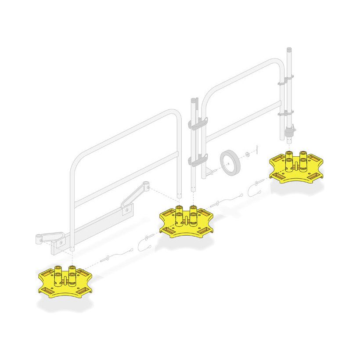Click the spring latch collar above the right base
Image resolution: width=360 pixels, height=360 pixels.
click(x=290, y=130)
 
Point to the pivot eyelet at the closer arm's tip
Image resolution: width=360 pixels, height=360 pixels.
click(x=146, y=186)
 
